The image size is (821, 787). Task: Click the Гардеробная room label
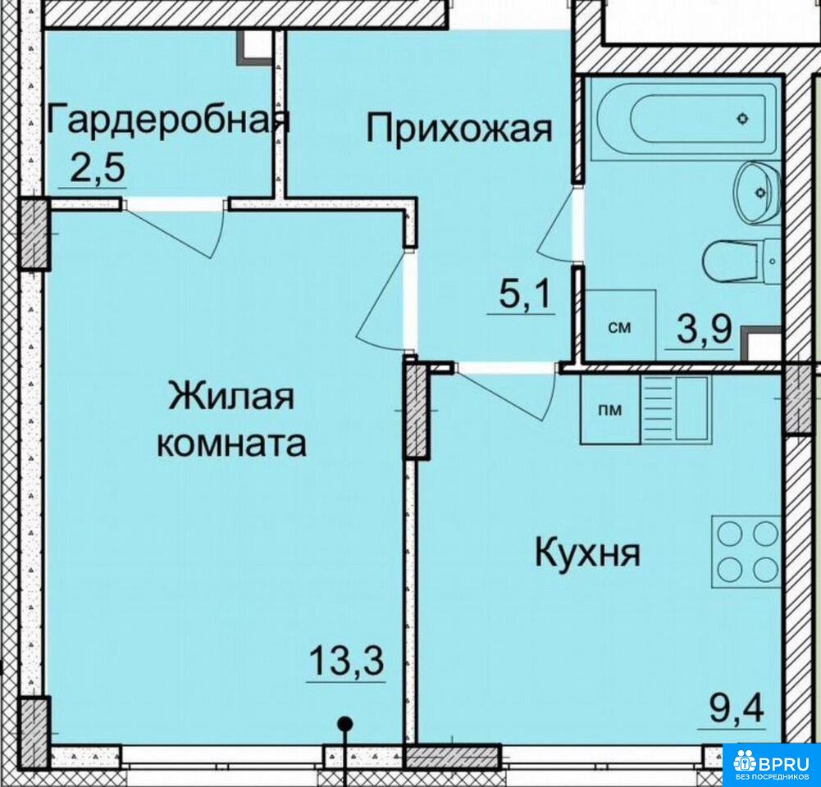(x=168, y=122)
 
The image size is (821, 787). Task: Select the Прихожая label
(x=458, y=129)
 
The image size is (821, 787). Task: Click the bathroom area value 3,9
(x=702, y=329)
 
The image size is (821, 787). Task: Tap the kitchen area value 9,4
(x=737, y=707)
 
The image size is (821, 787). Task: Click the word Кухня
(x=587, y=554)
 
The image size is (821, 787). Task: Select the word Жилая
(x=231, y=396)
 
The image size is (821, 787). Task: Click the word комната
(x=232, y=444)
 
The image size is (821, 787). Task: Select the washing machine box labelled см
(x=619, y=325)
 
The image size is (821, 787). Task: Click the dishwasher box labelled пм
(x=610, y=409)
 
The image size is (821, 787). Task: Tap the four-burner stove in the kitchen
(x=745, y=550)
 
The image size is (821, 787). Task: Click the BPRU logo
(x=771, y=764)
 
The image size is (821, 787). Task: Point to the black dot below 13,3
(x=344, y=725)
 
